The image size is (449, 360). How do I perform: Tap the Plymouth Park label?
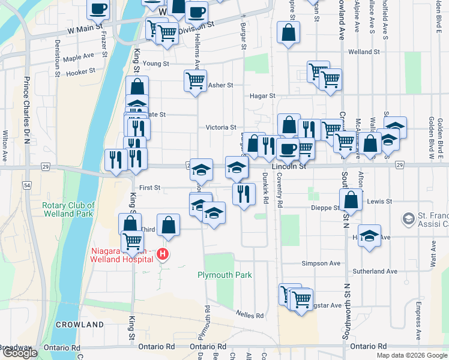pos(224,275)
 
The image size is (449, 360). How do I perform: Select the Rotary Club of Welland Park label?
pos(67,209)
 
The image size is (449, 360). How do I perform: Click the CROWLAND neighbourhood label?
pos(80,325)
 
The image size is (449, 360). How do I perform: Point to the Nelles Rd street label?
pos(250,315)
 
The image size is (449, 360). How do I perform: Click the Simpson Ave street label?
pos(321,263)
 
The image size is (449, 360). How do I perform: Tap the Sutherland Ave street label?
pos(375,271)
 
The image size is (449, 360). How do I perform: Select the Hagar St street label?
pos(263,95)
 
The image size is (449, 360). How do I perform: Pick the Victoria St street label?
pos(221,127)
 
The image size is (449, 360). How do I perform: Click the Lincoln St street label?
pos(289,166)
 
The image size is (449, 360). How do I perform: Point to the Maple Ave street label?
pos(79,58)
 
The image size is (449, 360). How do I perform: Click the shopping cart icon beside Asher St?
pos(194,81)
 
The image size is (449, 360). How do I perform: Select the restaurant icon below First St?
pos(243,194)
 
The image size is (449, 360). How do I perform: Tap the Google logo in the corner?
pos(20,353)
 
